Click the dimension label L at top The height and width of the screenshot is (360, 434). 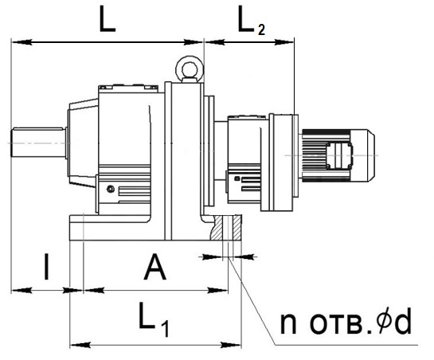pyautogui.click(x=108, y=18)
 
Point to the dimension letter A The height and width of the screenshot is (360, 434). pyautogui.click(x=155, y=268)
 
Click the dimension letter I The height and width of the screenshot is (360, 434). pyautogui.click(x=47, y=267)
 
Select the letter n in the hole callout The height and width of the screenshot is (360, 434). pyautogui.click(x=288, y=323)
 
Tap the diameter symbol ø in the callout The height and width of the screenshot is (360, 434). pyautogui.click(x=383, y=320)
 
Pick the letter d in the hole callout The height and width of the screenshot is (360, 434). pyautogui.click(x=403, y=321)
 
